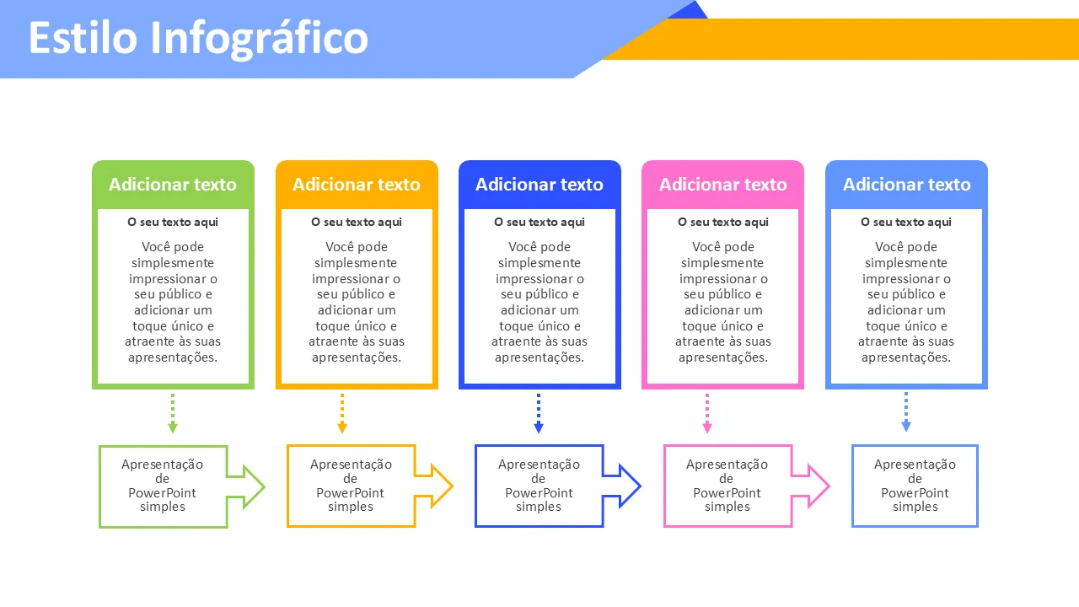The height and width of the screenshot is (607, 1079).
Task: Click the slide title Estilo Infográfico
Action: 198,38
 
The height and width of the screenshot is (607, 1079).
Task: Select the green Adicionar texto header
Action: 173,185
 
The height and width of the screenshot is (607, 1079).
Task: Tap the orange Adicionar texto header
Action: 357,185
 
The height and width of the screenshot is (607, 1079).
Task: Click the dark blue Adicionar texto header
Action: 539,185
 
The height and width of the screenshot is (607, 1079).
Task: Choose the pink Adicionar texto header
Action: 723,185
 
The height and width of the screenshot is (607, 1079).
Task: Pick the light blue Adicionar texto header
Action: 907,185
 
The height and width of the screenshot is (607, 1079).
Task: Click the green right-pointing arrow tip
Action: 252,486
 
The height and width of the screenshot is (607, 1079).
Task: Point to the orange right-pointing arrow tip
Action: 440,486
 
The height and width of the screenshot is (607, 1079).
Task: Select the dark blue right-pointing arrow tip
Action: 628,486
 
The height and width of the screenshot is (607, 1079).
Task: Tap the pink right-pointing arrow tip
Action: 817,486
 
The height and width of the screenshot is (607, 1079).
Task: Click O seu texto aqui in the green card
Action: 173,223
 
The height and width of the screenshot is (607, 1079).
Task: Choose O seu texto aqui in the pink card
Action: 723,223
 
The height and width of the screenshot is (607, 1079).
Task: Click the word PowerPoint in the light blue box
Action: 915,493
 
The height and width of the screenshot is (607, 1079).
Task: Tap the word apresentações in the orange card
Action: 357,357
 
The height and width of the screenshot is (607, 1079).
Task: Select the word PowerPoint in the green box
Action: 163,493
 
